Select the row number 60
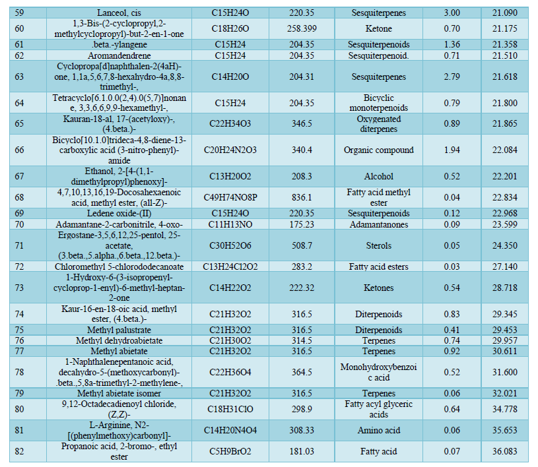(x=19, y=28)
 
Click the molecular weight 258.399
(x=301, y=28)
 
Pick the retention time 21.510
(x=504, y=56)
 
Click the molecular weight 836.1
(x=301, y=197)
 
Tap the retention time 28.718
(x=504, y=288)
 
